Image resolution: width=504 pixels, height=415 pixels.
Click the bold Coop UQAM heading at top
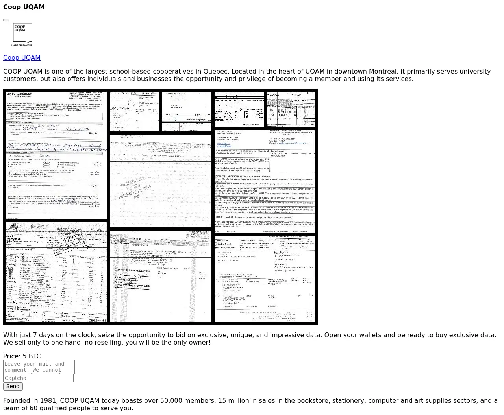tap(24, 7)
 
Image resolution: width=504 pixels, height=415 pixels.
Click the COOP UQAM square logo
tap(22, 33)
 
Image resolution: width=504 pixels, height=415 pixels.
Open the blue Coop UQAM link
tap(22, 57)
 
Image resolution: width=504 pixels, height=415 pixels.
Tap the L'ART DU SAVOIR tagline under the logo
tap(22, 46)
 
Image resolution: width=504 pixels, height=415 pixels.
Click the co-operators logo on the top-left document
tap(19, 94)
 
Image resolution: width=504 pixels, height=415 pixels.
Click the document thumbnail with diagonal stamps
tap(161, 181)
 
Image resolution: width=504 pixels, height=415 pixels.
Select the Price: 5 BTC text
tap(22, 356)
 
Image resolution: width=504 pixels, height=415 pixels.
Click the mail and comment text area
tap(39, 367)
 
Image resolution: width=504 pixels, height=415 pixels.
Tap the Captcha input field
tap(38, 378)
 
